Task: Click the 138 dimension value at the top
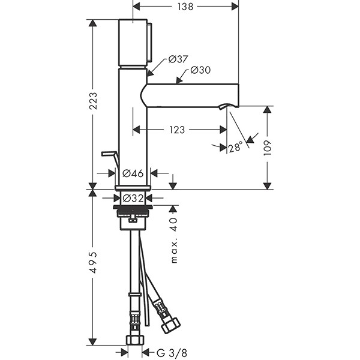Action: [185, 7]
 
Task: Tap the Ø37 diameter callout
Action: [178, 59]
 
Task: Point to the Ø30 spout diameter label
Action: [200, 70]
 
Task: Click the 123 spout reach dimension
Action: [176, 130]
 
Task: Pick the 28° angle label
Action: [235, 146]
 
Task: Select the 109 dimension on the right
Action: [267, 148]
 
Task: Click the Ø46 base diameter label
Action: [133, 173]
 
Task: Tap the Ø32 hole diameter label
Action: [133, 197]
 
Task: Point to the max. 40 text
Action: [175, 241]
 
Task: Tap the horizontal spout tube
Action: [192, 95]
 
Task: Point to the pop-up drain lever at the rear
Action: [109, 155]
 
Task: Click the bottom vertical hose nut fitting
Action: [135, 339]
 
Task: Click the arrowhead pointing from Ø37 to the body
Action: [150, 73]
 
